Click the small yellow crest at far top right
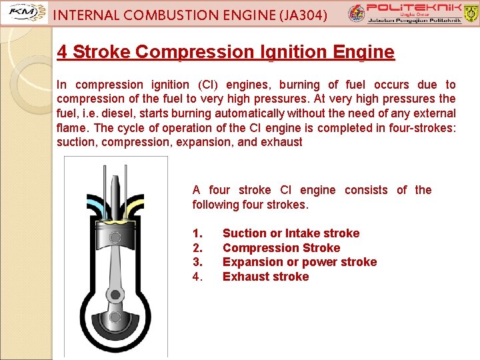470,11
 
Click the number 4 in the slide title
62,52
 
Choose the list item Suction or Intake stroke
291,233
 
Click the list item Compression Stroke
281,248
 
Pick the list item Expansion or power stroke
299,262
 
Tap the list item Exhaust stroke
265,277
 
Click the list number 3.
197,262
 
